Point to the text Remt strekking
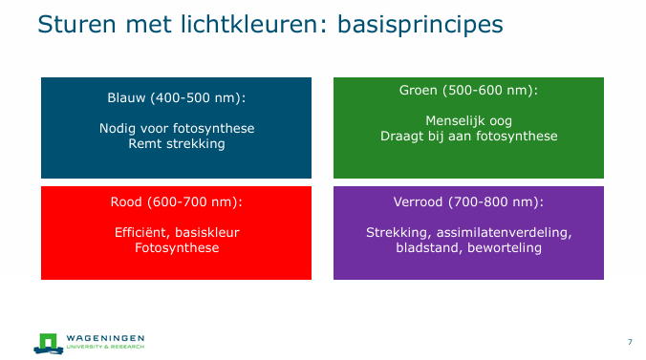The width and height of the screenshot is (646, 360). [176, 143]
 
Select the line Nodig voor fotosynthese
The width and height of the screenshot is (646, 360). [176, 128]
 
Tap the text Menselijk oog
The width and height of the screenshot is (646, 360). [468, 120]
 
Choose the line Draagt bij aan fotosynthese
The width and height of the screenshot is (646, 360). [468, 136]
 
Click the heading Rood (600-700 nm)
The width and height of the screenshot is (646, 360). [176, 201]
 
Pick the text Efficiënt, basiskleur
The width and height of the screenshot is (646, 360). [176, 232]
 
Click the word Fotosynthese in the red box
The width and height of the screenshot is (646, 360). [176, 247]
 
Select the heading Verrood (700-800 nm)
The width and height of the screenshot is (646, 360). [468, 201]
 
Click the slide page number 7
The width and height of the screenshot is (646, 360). [630, 342]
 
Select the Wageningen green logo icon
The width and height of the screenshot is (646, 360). [48, 341]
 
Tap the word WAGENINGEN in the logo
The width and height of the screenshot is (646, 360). [106, 337]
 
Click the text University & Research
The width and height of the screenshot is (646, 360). [106, 346]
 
